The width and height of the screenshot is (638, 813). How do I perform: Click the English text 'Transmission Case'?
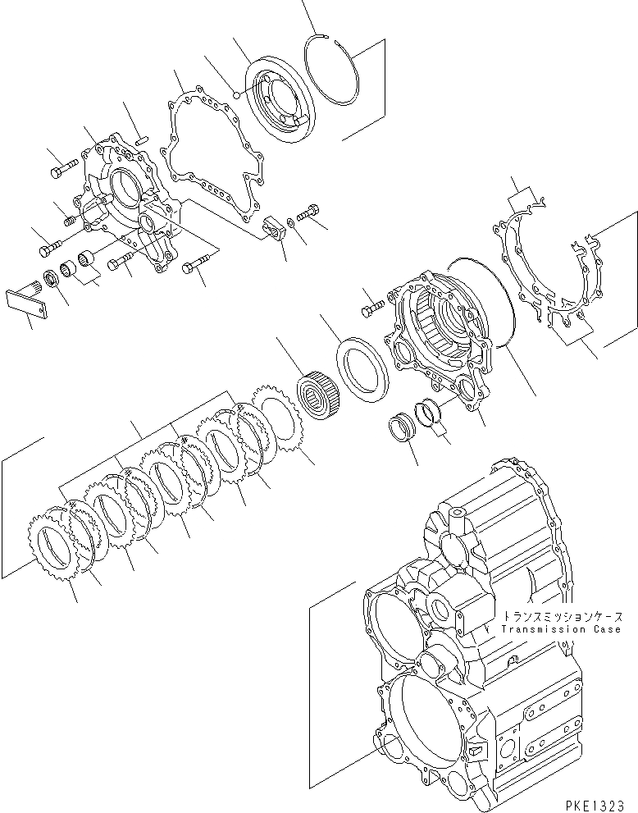coord(561,629)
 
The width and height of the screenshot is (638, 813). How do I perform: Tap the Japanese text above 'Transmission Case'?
coord(563,616)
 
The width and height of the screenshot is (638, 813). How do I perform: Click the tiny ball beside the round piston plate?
coord(235,94)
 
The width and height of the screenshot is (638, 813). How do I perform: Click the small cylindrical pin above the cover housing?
coord(140,139)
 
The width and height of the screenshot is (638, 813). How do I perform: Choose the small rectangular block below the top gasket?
coord(275,228)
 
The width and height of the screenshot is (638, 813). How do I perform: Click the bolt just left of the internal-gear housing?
coord(371,309)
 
